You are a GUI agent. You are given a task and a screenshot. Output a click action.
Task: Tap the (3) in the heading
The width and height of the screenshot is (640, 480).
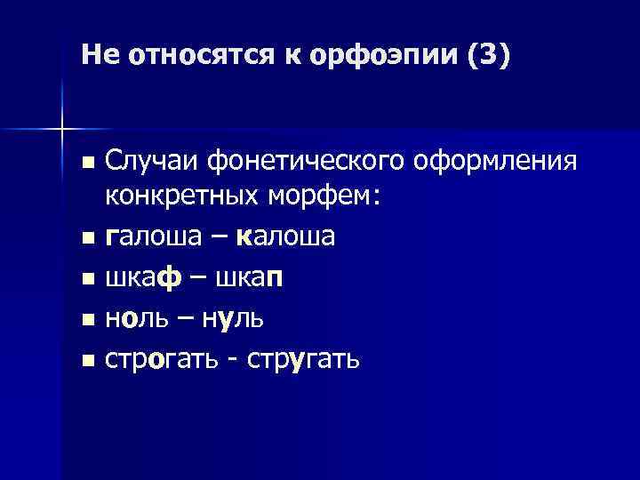(486, 56)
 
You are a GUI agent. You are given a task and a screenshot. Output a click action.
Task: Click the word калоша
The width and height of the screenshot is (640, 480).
(286, 236)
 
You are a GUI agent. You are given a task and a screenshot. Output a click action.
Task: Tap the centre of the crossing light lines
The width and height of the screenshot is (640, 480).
(61, 130)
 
